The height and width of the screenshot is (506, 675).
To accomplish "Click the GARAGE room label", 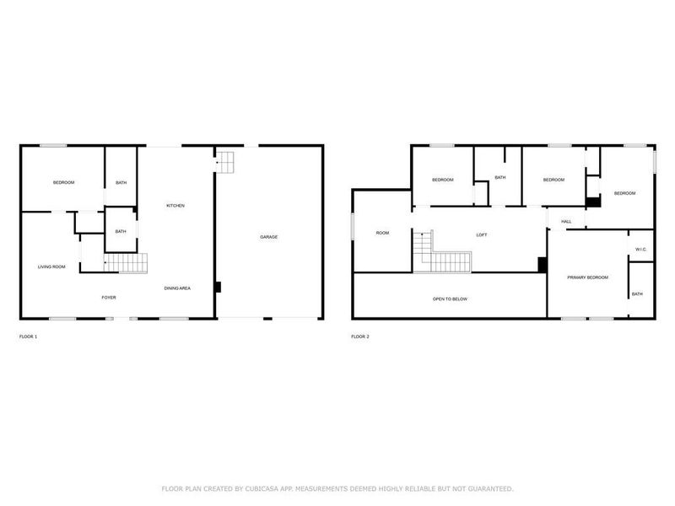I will point(268,237).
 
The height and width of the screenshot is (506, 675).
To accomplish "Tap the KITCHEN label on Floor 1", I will point(175,206).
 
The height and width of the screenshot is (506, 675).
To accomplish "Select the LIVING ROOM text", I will point(51,267).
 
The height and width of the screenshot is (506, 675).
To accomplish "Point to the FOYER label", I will point(109,297).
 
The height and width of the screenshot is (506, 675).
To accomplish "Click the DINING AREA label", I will point(177,288).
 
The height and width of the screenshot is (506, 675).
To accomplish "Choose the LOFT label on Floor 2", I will point(482,235).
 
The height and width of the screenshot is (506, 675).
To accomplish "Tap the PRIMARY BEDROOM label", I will point(587,277).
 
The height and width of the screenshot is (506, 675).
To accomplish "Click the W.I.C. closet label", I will point(641,249).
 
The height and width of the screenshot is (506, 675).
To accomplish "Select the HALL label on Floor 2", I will point(566,222).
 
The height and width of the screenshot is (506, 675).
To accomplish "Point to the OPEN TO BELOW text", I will point(450,299).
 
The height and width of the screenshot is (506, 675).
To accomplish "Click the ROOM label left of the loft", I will point(382,233).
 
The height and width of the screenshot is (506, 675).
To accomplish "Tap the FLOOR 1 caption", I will point(28,336).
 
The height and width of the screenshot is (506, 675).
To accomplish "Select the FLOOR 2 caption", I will point(359,336).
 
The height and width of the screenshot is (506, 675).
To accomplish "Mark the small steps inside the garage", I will point(226,160).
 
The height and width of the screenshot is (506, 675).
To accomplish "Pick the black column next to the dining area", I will point(218,287).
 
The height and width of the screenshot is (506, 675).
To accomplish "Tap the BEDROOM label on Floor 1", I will point(63,183).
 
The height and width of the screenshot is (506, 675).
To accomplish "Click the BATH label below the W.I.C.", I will point(637,293).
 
